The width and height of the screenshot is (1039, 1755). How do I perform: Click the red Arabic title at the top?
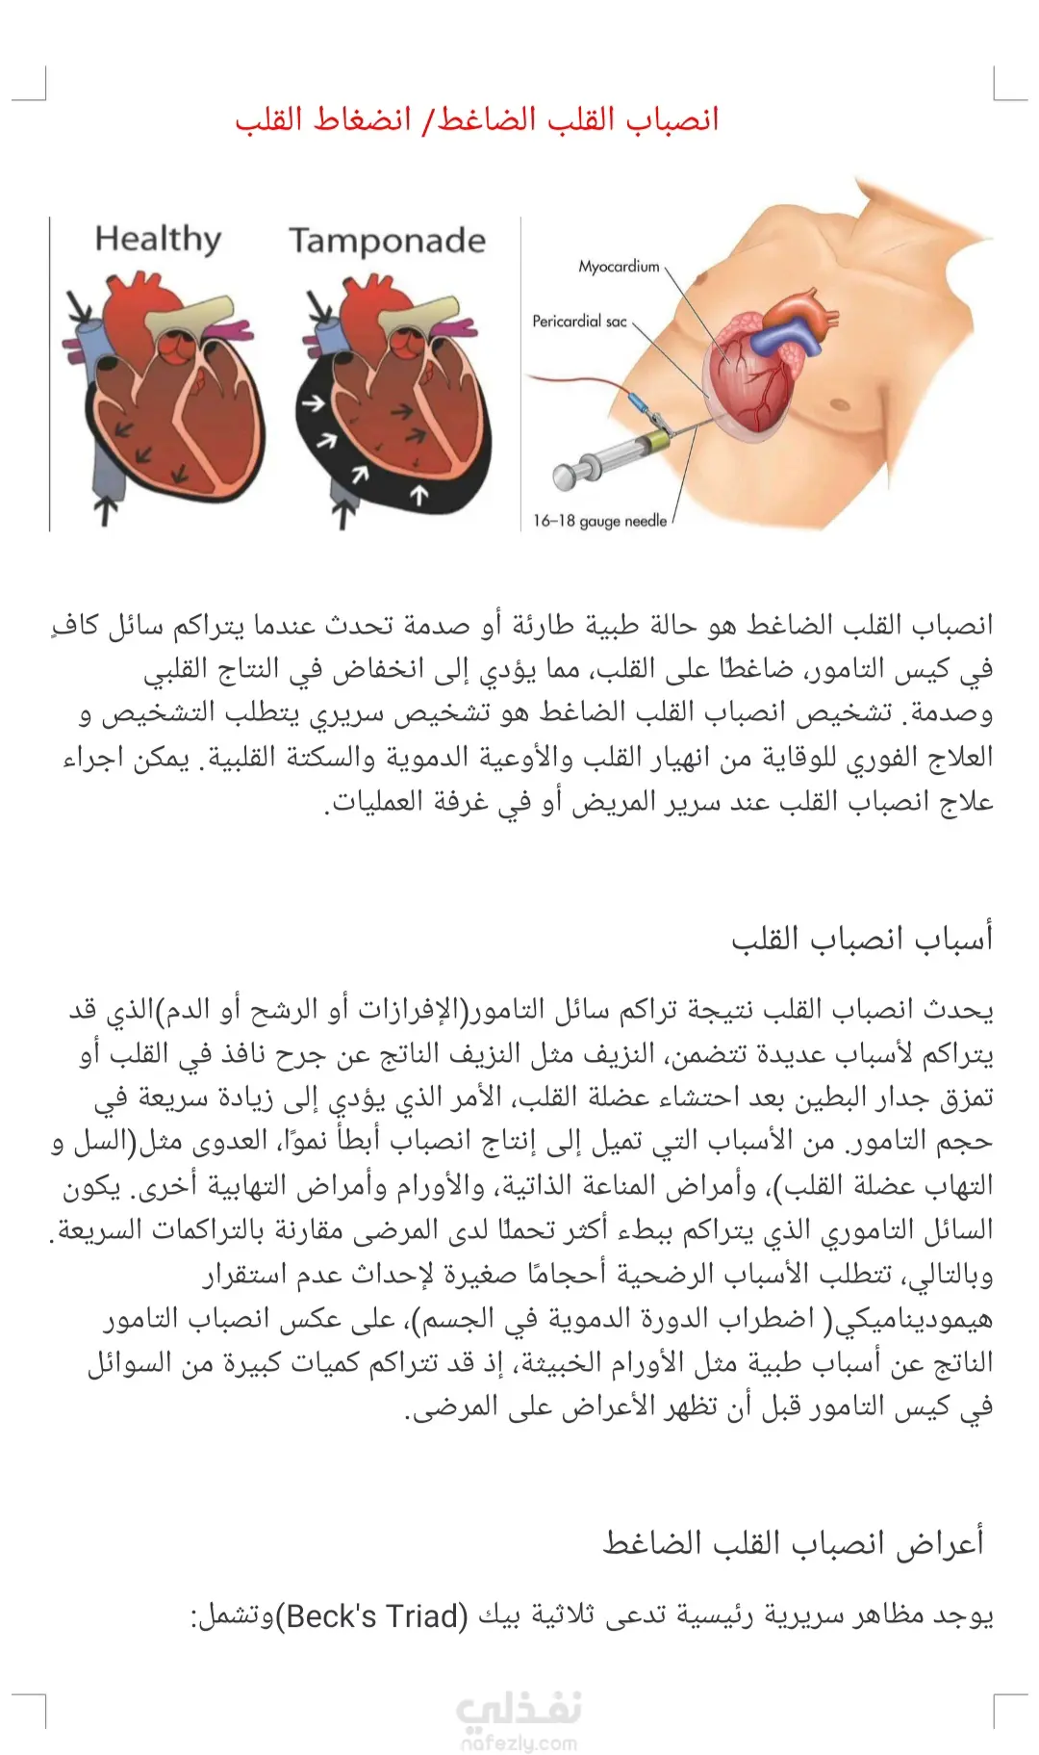(x=477, y=120)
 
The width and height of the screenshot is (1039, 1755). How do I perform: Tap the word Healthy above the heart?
(x=158, y=239)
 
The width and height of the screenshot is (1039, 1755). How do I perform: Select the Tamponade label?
(x=387, y=241)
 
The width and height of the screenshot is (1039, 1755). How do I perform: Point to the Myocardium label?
(x=619, y=267)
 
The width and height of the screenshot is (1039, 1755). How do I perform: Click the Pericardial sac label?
(x=579, y=322)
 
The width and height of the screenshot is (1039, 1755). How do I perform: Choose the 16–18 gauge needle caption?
(x=599, y=521)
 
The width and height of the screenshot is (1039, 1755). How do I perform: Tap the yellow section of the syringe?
(x=658, y=443)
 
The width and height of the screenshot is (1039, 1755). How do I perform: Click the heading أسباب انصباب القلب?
(x=862, y=939)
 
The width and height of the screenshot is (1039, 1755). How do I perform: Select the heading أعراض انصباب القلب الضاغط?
(x=794, y=1543)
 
